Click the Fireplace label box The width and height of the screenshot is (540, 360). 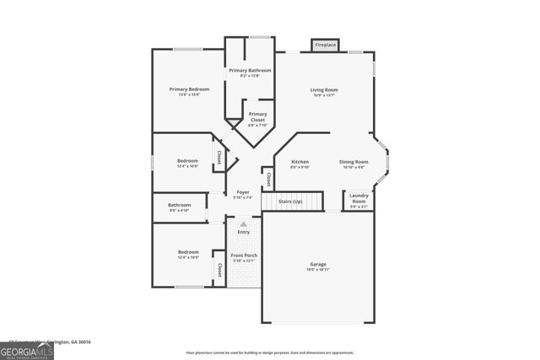click(x=325, y=44)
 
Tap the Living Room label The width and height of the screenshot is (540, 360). click(x=323, y=89)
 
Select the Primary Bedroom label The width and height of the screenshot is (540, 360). click(x=188, y=89)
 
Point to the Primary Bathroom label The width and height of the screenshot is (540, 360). click(x=250, y=70)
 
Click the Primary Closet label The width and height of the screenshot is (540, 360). click(x=257, y=116)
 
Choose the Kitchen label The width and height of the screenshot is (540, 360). click(x=300, y=161)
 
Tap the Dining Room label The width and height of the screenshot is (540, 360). click(x=354, y=161)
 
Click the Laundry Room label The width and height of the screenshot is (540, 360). click(x=359, y=198)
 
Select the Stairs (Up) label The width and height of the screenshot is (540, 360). click(x=293, y=203)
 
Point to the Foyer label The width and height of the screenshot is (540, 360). click(x=243, y=192)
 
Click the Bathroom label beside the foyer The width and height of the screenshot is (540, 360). click(x=179, y=205)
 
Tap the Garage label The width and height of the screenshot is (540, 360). click(x=317, y=264)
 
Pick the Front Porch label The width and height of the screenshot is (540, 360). click(x=244, y=255)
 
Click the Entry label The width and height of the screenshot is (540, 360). click(x=243, y=232)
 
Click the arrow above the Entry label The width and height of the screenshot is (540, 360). click(x=243, y=223)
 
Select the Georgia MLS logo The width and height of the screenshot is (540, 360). click(x=27, y=348)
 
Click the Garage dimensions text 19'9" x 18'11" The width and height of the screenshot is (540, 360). click(x=317, y=270)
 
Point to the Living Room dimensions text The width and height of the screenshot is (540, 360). click(x=323, y=95)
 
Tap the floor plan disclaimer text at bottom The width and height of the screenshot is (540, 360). click(x=270, y=352)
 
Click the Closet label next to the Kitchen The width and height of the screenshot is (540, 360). click(x=268, y=179)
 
